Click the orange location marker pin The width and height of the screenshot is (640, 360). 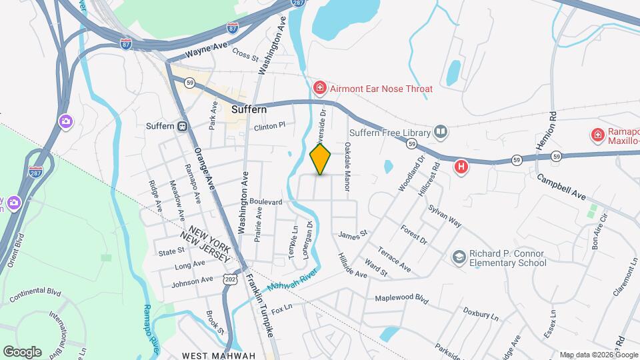click(321, 159)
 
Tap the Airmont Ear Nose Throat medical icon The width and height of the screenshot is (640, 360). click(320, 88)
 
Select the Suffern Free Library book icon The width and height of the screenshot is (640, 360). click(440, 131)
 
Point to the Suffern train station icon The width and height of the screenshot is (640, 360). click(182, 126)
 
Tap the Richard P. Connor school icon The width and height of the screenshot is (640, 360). click(459, 257)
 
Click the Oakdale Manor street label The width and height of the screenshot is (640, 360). click(347, 167)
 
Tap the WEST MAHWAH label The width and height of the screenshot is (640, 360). click(219, 355)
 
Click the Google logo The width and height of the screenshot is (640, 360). click(22, 351)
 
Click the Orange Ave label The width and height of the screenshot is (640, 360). click(203, 170)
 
